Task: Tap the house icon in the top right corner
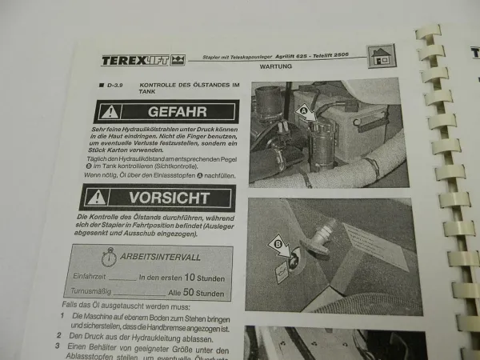coord(382,56)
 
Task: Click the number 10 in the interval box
coord(190,276)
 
